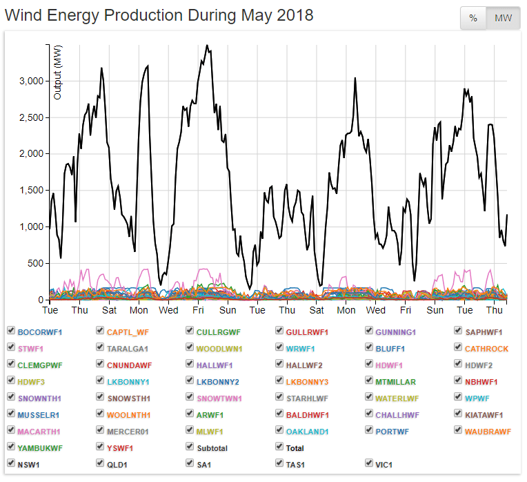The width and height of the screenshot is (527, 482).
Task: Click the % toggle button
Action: point(473,18)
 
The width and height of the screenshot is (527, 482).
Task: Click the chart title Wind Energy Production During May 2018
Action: point(159,15)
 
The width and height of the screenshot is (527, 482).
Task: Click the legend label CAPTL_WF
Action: point(128,332)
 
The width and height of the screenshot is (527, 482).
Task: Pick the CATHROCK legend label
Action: point(486,349)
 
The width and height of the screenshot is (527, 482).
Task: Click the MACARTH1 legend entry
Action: point(39,432)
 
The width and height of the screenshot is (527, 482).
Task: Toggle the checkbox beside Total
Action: point(280,448)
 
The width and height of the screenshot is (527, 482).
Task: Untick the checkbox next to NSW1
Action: point(11,465)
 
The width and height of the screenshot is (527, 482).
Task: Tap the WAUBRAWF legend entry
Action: point(488,432)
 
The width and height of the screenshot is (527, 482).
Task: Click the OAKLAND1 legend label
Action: point(308,432)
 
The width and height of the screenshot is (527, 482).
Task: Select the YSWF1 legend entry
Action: point(121,448)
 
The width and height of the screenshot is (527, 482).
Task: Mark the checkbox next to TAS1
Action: point(280,465)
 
